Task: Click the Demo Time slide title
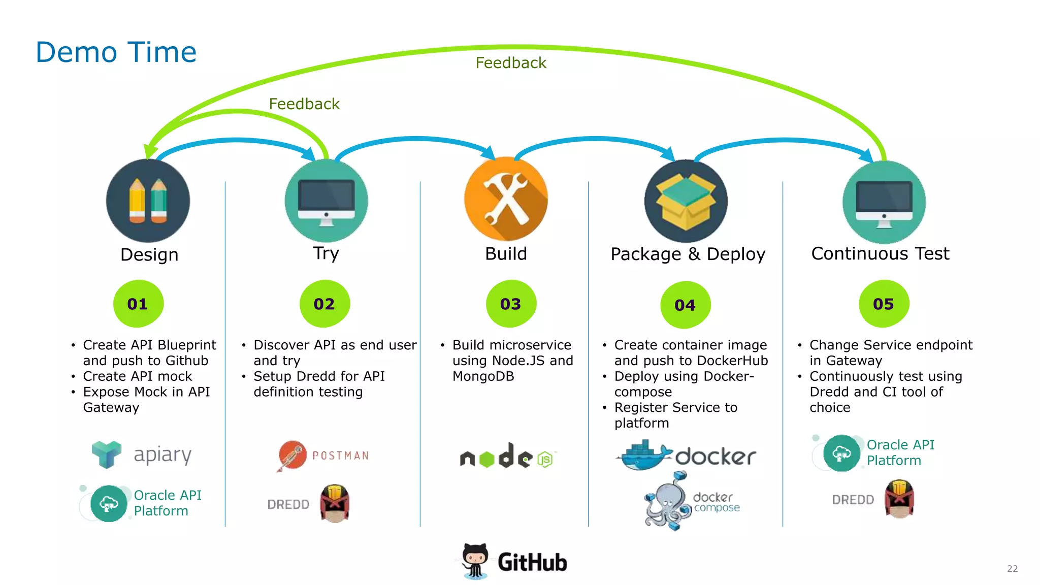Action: click(116, 52)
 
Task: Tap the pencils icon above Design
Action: click(148, 201)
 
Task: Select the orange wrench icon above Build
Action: click(506, 199)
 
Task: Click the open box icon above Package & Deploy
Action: click(686, 201)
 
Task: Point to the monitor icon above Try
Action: click(326, 201)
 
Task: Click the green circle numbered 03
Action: click(511, 304)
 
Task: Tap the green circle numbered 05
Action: click(884, 304)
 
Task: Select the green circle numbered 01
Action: click(138, 304)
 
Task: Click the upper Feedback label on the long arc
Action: click(510, 63)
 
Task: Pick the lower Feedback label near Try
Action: click(304, 104)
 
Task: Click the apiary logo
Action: click(142, 454)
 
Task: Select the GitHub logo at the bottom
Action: click(514, 562)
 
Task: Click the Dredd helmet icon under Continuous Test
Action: click(899, 499)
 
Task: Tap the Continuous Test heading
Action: click(880, 253)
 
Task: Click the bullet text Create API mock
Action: click(138, 376)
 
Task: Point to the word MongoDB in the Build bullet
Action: click(483, 376)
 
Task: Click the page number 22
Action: click(1012, 569)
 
